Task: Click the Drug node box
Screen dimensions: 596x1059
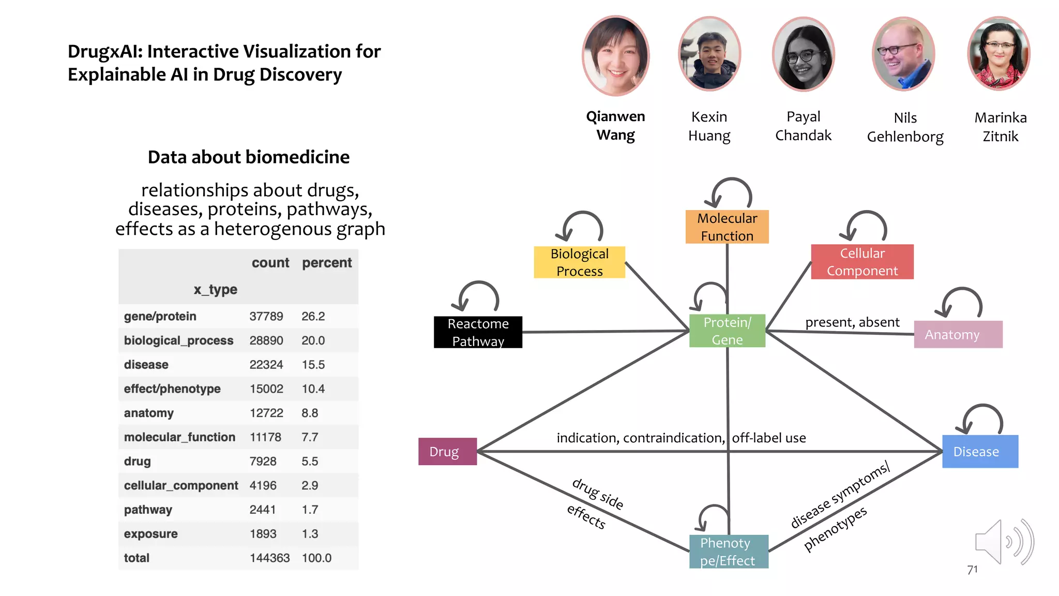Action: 447,451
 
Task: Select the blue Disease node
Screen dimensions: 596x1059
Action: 979,451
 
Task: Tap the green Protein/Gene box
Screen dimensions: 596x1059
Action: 727,331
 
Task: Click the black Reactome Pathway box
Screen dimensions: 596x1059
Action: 478,332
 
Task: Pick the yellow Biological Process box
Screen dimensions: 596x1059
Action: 579,262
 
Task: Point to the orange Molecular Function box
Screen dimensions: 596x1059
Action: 727,227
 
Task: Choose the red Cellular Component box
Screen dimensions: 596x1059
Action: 861,262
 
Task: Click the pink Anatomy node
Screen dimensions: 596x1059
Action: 957,334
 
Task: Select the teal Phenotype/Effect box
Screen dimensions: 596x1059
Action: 728,552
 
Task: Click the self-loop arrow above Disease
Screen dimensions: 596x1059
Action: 982,417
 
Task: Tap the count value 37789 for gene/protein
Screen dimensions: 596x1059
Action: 266,316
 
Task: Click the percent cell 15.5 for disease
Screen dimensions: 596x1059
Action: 313,365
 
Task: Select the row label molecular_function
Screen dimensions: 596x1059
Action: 179,437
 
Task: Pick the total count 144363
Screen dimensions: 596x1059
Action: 269,558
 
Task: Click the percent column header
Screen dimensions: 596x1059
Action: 326,263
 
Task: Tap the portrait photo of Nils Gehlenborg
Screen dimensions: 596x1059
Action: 903,55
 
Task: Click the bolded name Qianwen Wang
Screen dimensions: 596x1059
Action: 615,126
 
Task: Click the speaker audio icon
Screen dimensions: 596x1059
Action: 1003,542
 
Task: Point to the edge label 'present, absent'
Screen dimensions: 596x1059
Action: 852,322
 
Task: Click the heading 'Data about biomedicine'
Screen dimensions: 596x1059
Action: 248,157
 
